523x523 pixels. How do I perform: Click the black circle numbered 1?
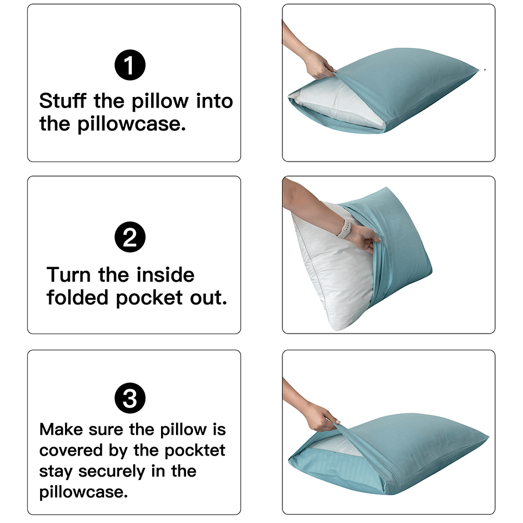pos(130,66)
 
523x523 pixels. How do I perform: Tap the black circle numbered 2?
pos(130,237)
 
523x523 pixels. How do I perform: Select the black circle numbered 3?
pos(130,399)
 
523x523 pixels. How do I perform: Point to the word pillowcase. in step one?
pos(131,124)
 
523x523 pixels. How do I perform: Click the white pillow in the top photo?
pos(337,108)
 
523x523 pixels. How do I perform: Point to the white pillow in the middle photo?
pos(331,273)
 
